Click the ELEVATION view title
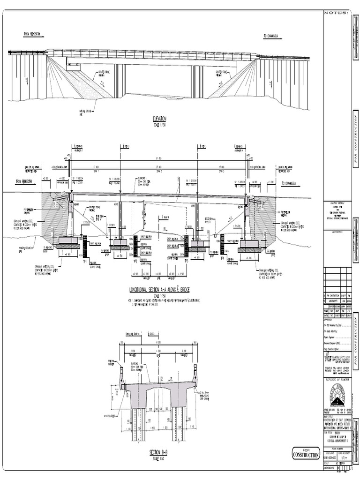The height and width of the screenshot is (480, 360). pos(160,119)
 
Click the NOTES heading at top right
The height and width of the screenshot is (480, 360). pos(336,13)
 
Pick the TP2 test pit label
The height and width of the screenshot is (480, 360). pos(135,260)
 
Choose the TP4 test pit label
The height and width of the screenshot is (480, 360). pos(222,258)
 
